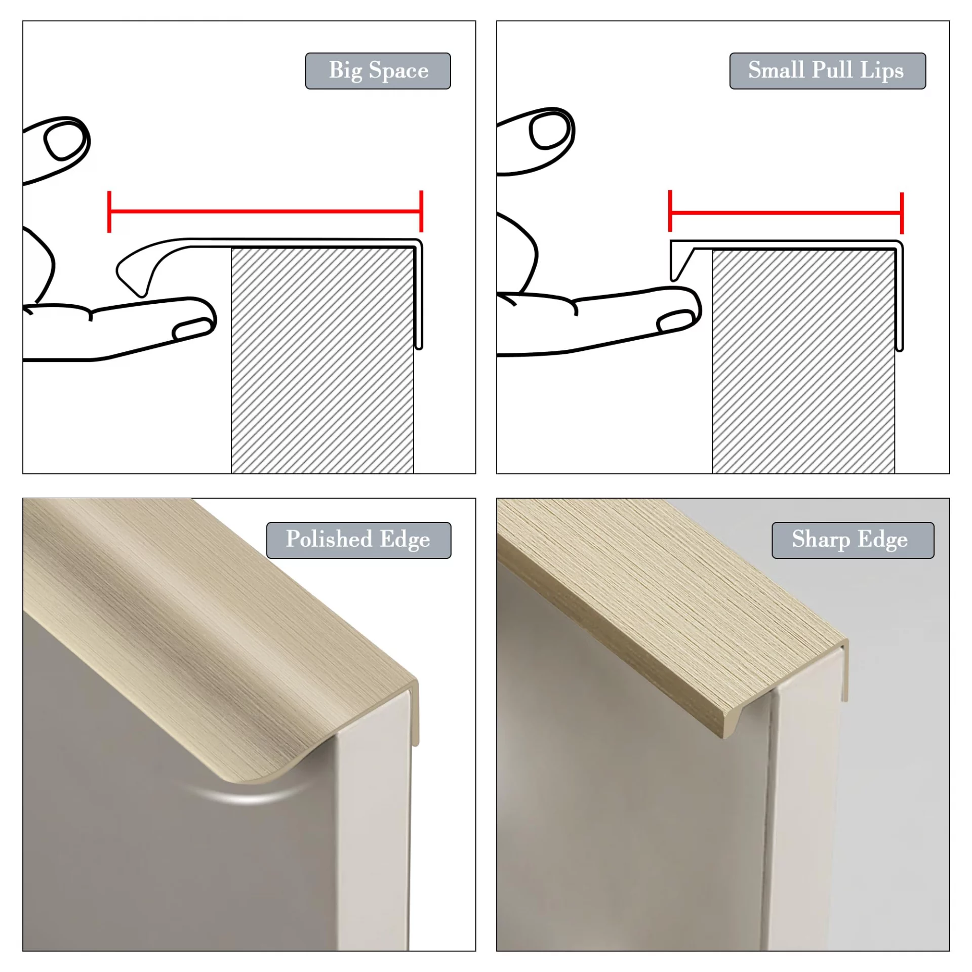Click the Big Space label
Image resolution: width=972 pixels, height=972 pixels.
(x=378, y=71)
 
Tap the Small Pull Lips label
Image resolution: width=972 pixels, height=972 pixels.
(x=827, y=71)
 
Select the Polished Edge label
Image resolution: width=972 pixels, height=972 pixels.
(x=358, y=540)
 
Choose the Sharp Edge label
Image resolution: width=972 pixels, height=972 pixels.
(x=853, y=540)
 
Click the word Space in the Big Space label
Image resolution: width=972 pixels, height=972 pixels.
(x=398, y=71)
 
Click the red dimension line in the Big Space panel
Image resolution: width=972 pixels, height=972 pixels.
(x=265, y=211)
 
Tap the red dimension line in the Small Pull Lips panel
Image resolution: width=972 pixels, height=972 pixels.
(x=787, y=212)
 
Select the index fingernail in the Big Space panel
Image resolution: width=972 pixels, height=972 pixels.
(x=192, y=329)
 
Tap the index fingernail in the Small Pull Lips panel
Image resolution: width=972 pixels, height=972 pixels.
(x=675, y=321)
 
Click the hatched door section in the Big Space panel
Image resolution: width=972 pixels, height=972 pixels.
(x=322, y=360)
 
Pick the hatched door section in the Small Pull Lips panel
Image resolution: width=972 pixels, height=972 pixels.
(x=803, y=361)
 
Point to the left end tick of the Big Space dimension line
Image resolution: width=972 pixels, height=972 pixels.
(x=109, y=212)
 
